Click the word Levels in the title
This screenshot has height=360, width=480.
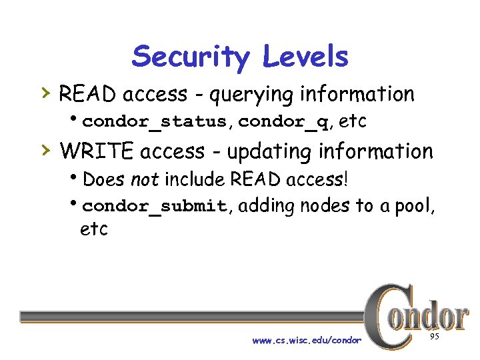click(x=305, y=57)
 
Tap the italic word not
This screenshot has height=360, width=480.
click(x=145, y=179)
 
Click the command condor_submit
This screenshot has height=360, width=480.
click(x=155, y=206)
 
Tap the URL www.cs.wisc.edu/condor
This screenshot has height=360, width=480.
click(x=307, y=341)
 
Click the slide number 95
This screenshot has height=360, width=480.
click(x=434, y=337)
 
